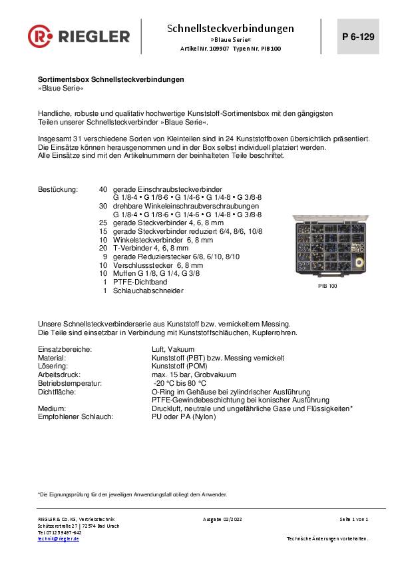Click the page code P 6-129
coord(357,37)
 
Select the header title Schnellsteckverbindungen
coord(230,29)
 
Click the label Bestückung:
coord(58,190)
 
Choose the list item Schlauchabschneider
coord(148,290)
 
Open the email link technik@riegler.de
coord(59,538)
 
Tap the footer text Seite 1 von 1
coord(353,519)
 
